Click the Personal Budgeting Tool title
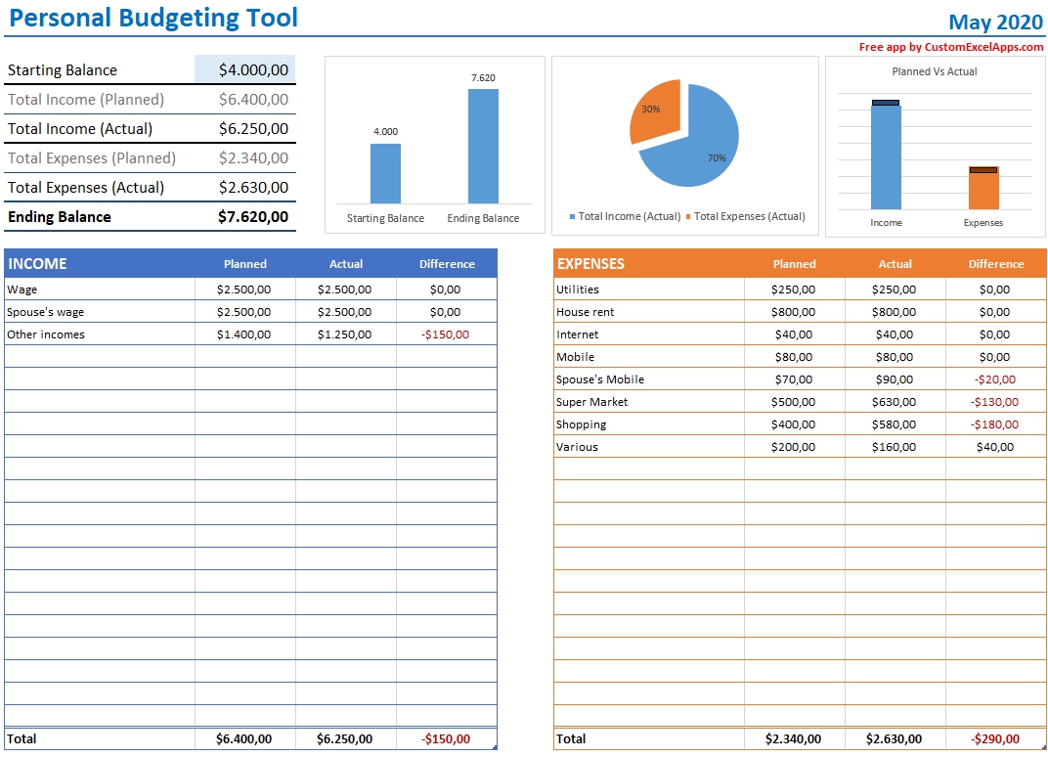point(153,18)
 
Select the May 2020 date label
point(996,22)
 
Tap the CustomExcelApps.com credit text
point(951,47)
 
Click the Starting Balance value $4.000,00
point(253,70)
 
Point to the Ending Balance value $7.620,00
point(253,217)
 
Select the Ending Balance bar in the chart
point(483,147)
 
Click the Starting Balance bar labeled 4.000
point(385,174)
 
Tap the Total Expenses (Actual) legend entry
point(749,216)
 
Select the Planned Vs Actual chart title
point(934,71)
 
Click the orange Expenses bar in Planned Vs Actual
point(983,189)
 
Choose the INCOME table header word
point(37,264)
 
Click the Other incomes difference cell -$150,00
point(445,334)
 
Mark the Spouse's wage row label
point(46,312)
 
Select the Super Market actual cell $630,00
point(894,402)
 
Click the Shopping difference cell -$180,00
point(994,424)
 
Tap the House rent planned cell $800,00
point(793,312)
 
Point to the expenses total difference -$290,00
point(994,739)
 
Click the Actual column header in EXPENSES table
point(895,264)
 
